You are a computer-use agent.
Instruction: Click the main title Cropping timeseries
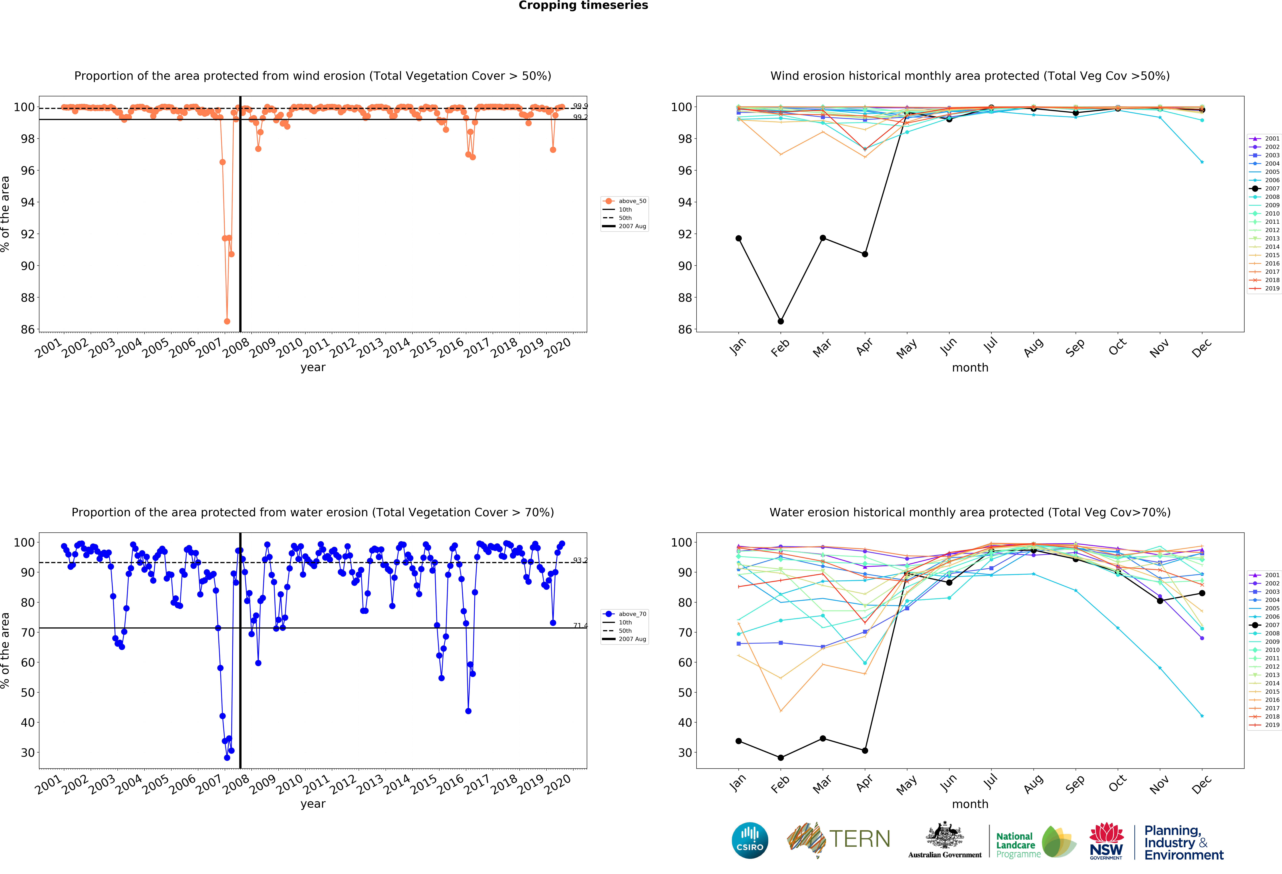583,5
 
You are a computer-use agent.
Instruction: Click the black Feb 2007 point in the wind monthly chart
781,321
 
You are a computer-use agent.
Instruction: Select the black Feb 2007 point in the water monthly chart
781,758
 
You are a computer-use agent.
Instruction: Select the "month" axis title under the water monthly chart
970,804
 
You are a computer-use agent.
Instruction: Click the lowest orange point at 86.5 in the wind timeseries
227,321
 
